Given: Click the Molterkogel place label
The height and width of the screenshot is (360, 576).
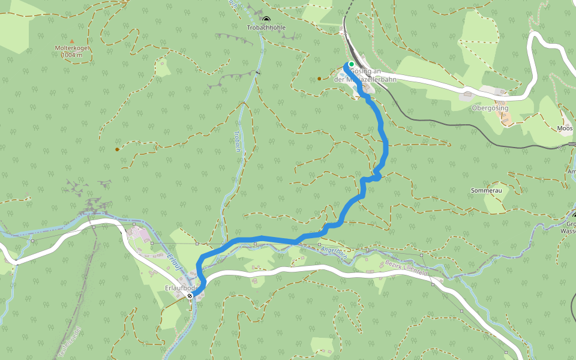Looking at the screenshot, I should click(x=72, y=47).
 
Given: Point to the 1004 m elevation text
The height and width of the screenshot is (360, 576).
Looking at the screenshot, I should click(x=72, y=55).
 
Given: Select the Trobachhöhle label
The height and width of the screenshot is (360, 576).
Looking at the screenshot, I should click(x=266, y=28).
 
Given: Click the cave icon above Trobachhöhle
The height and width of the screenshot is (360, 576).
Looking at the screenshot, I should click(x=266, y=20).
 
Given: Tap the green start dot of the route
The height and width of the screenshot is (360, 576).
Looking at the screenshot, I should click(x=351, y=64).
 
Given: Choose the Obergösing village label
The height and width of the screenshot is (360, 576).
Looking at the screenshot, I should click(x=490, y=108).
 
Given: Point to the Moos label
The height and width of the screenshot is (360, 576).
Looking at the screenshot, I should click(x=565, y=128).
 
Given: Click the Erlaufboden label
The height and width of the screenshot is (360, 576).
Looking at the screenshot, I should click(x=181, y=288).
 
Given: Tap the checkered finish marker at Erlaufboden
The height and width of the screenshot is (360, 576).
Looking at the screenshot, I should click(x=190, y=296).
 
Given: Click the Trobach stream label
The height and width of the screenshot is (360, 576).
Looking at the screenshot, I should click(x=238, y=141).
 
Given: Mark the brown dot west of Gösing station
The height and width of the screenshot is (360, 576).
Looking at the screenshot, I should click(x=319, y=78).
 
